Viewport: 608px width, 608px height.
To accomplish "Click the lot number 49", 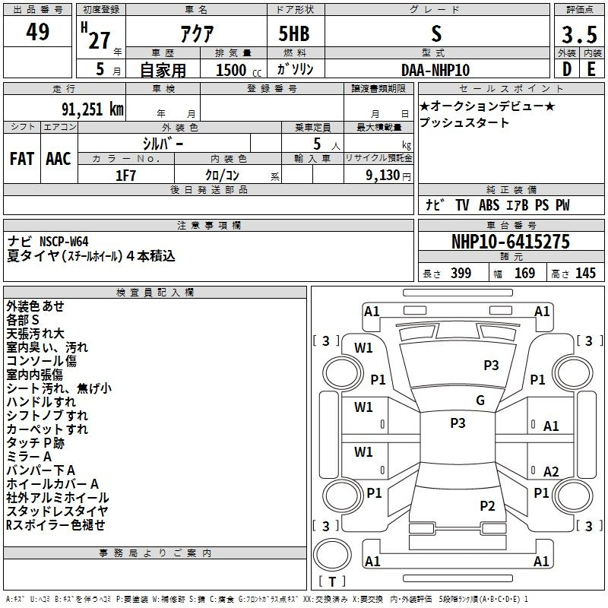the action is click(37, 31).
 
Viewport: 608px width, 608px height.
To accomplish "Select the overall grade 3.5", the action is click(579, 35).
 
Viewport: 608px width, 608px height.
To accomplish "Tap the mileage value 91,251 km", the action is click(93, 109).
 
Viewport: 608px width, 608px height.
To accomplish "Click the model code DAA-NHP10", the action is click(435, 70).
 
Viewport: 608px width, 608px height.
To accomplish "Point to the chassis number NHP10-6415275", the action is click(511, 242).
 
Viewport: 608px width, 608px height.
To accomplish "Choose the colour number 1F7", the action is click(125, 176).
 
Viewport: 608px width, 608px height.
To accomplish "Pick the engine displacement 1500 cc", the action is click(239, 70).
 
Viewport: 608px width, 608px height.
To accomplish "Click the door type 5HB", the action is click(294, 33).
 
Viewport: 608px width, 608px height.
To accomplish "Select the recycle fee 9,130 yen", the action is click(388, 176).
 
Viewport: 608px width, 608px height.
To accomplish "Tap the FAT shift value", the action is click(22, 159).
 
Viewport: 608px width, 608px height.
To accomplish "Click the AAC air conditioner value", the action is click(59, 159).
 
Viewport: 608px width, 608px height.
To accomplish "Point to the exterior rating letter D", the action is click(567, 69).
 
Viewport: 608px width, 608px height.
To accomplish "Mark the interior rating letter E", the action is click(591, 69).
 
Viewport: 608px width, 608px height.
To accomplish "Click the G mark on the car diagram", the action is click(480, 401).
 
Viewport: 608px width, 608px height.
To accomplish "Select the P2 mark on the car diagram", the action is click(487, 505).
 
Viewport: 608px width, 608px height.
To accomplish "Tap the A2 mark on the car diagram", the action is click(551, 471).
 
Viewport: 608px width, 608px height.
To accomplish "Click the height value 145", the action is click(585, 273).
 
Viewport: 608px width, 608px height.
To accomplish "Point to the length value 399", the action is click(461, 273).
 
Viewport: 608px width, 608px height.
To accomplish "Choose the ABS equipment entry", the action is click(489, 205).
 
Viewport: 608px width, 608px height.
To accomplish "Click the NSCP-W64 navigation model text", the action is click(64, 242).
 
